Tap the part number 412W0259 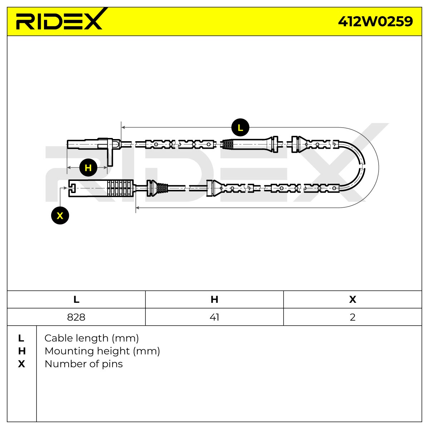pos(375,21)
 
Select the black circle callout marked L pos(240,128)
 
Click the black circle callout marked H pos(88,167)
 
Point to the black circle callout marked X pos(60,216)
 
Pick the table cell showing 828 pos(76,317)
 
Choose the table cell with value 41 pos(214,317)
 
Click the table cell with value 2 pos(352,317)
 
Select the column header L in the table pos(76,300)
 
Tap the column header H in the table pos(214,300)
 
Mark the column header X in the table pos(352,300)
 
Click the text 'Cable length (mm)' pos(92,338)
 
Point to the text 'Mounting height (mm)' pos(102,351)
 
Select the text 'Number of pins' pos(84,364)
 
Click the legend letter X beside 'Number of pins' pos(21,364)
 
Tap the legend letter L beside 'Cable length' pos(21,338)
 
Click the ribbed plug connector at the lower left pos(101,188)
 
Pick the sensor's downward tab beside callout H pos(110,153)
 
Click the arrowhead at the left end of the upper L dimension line pos(123,127)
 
